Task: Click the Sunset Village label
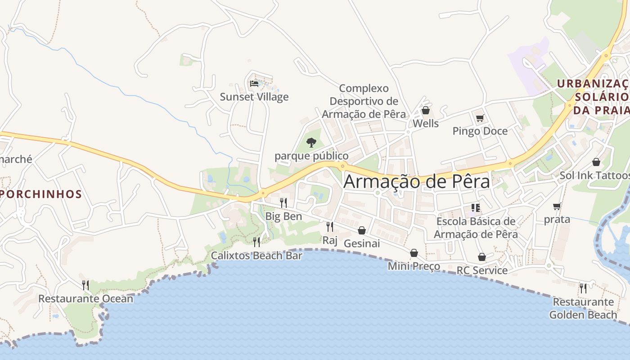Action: [254, 97]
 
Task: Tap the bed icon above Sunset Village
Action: [254, 83]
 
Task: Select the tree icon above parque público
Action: [311, 143]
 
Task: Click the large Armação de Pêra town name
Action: [416, 182]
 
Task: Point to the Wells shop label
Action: [425, 123]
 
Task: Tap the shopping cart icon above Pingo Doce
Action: [480, 118]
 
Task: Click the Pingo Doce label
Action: [480, 131]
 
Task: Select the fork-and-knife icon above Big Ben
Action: [283, 203]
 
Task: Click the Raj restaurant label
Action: [330, 240]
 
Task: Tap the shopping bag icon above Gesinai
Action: [362, 230]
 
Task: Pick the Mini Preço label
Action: [414, 266]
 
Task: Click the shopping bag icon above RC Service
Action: [482, 257]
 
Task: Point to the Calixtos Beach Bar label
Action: [256, 256]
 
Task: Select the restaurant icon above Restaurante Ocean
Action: [85, 285]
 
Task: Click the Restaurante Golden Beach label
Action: [583, 308]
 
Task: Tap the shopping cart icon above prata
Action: [557, 207]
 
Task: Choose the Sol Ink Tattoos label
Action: [594, 175]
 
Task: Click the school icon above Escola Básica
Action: [476, 208]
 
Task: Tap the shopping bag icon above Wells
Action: [426, 110]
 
